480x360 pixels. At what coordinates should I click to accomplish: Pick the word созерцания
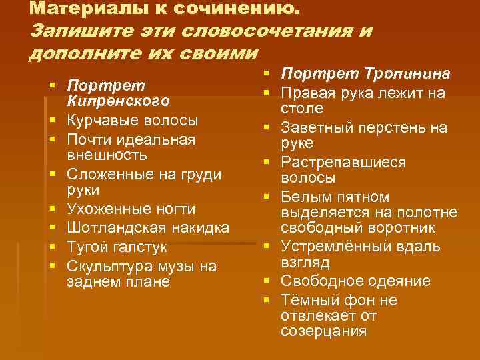[x=323, y=331]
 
